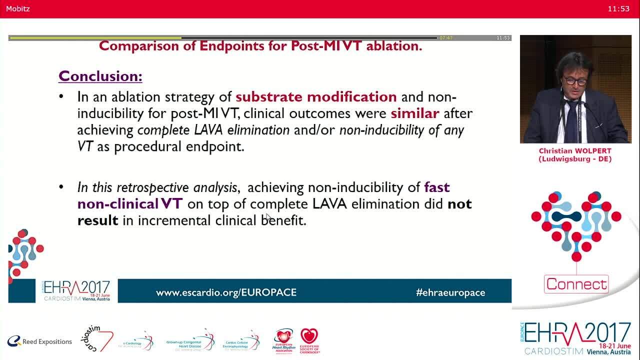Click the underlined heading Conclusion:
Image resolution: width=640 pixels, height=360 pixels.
(100, 76)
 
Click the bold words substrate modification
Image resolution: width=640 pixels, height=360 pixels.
(316, 96)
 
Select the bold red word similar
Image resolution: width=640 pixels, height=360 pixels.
(415, 113)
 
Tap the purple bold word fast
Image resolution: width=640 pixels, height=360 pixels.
(437, 187)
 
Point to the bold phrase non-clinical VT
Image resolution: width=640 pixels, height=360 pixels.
(130, 204)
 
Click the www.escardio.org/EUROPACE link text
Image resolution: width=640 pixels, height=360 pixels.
(226, 292)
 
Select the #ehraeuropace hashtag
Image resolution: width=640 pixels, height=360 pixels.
(450, 292)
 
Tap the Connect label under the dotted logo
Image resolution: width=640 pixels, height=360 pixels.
(576, 284)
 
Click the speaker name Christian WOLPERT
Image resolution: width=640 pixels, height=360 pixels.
(575, 151)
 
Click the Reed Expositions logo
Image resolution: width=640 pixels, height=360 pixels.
(40, 341)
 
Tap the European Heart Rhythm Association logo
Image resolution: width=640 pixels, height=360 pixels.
(283, 341)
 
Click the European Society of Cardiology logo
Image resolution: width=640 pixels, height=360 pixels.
(309, 341)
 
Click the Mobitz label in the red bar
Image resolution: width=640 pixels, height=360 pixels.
(18, 8)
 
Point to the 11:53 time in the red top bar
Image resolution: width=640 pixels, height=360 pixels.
(618, 8)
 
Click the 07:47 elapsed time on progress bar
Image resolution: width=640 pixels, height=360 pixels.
(445, 38)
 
